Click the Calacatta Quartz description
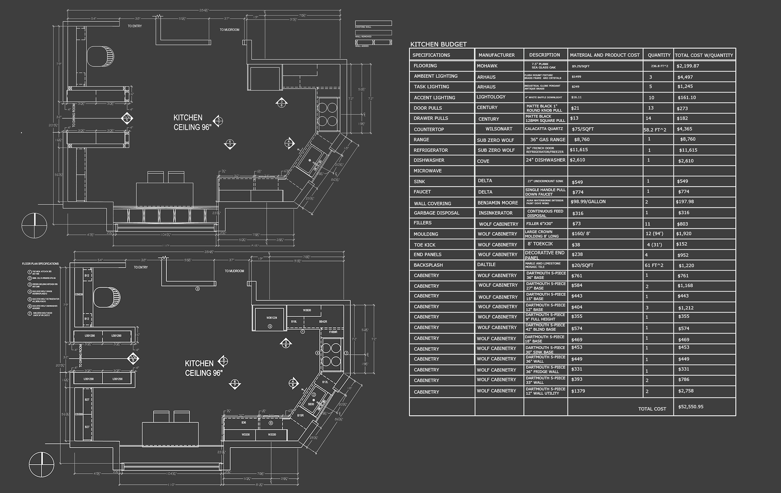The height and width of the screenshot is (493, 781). (544, 129)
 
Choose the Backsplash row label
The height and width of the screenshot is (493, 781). (428, 265)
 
